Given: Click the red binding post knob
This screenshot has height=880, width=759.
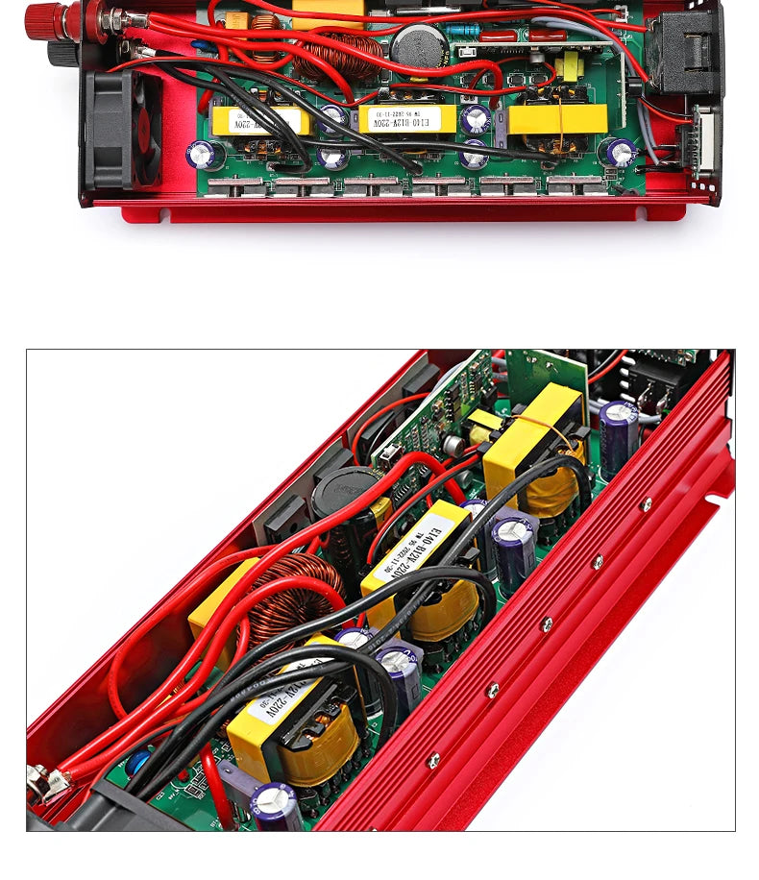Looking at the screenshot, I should click(42, 15).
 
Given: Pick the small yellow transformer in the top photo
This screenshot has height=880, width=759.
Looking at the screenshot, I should click(572, 66).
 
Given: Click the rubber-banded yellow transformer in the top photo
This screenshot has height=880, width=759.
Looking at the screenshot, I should click(558, 119).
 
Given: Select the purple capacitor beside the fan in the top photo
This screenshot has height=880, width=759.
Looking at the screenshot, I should click(204, 155).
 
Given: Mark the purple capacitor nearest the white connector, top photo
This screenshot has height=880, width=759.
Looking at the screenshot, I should click(621, 151).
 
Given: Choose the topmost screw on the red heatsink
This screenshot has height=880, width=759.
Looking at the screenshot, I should click(647, 503).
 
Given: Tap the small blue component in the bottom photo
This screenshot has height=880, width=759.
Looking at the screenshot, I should click(138, 762).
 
